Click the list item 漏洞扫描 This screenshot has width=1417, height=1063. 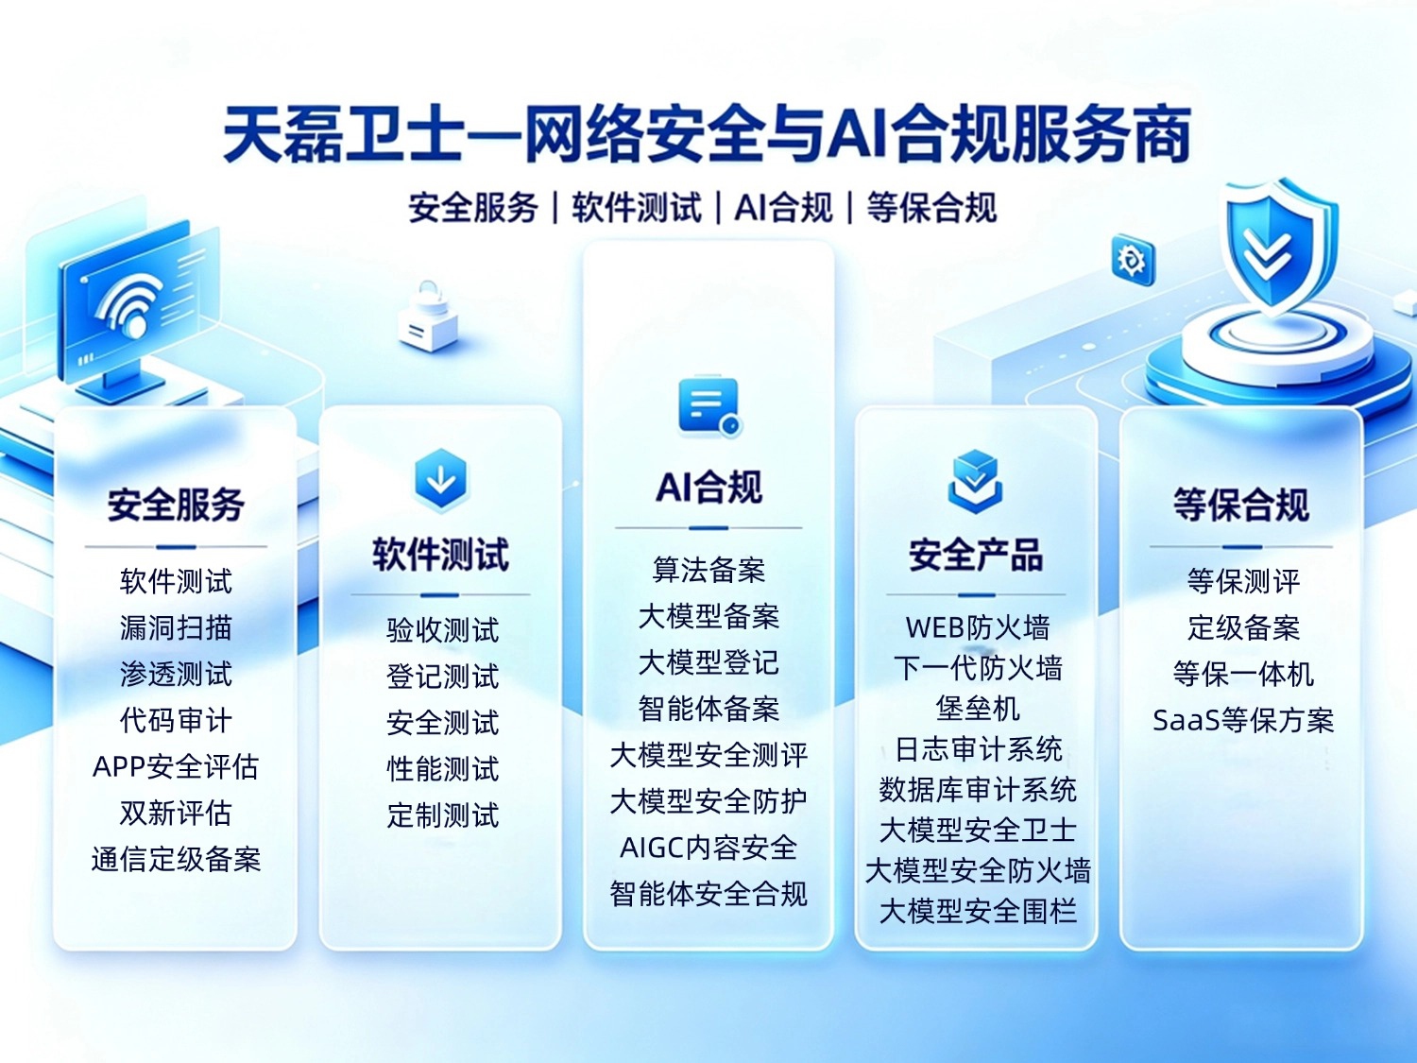click(176, 627)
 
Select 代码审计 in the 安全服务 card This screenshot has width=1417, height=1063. click(176, 720)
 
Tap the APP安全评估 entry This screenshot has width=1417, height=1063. click(176, 766)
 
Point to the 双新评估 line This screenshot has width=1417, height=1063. click(176, 814)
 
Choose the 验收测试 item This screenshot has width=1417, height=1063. click(443, 630)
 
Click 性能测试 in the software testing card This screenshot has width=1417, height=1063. click(443, 769)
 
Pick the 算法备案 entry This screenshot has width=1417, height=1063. click(708, 570)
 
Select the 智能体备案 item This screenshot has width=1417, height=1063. click(708, 709)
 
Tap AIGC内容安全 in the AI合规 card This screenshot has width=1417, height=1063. click(708, 849)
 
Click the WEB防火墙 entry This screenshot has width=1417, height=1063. click(978, 627)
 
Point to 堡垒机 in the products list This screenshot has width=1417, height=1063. click(978, 709)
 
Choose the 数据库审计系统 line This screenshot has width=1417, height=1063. click(978, 789)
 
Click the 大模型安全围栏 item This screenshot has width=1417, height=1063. click(978, 911)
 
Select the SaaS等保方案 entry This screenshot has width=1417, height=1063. click(1243, 720)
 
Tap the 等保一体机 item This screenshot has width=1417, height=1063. click(1243, 674)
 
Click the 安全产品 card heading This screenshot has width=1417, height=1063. click(976, 555)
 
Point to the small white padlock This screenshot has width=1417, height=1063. click(428, 317)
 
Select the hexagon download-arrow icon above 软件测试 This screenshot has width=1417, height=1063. click(441, 480)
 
